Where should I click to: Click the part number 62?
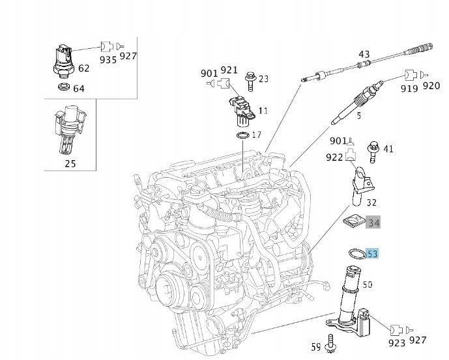pyautogui.click(x=84, y=68)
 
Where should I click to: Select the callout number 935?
pyautogui.click(x=108, y=59)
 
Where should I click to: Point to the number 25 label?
pyautogui.click(x=70, y=163)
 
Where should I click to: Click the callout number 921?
pyautogui.click(x=229, y=70)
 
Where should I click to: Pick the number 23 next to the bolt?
pyautogui.click(x=263, y=79)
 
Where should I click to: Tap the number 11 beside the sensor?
pyautogui.click(x=263, y=111)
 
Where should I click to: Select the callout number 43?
pyautogui.click(x=364, y=54)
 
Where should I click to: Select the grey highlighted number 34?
pyautogui.click(x=374, y=223)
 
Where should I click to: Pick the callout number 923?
pyautogui.click(x=396, y=341)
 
